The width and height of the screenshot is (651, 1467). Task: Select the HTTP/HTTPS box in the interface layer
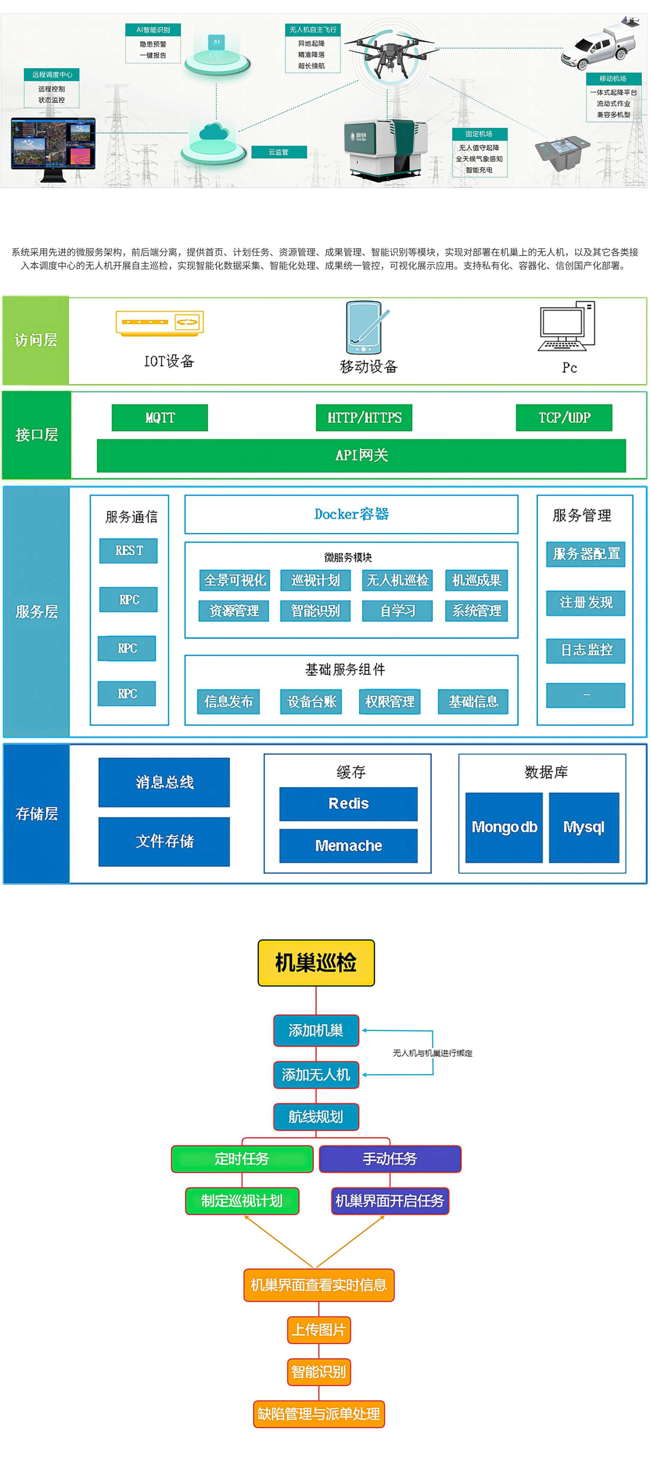364,418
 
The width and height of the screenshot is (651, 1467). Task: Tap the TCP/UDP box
563,418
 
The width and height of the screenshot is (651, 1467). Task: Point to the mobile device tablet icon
364,328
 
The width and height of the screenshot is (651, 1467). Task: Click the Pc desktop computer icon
566,326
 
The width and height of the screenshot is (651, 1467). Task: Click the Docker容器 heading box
351,514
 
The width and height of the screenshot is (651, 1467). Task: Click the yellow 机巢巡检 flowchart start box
316,962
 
